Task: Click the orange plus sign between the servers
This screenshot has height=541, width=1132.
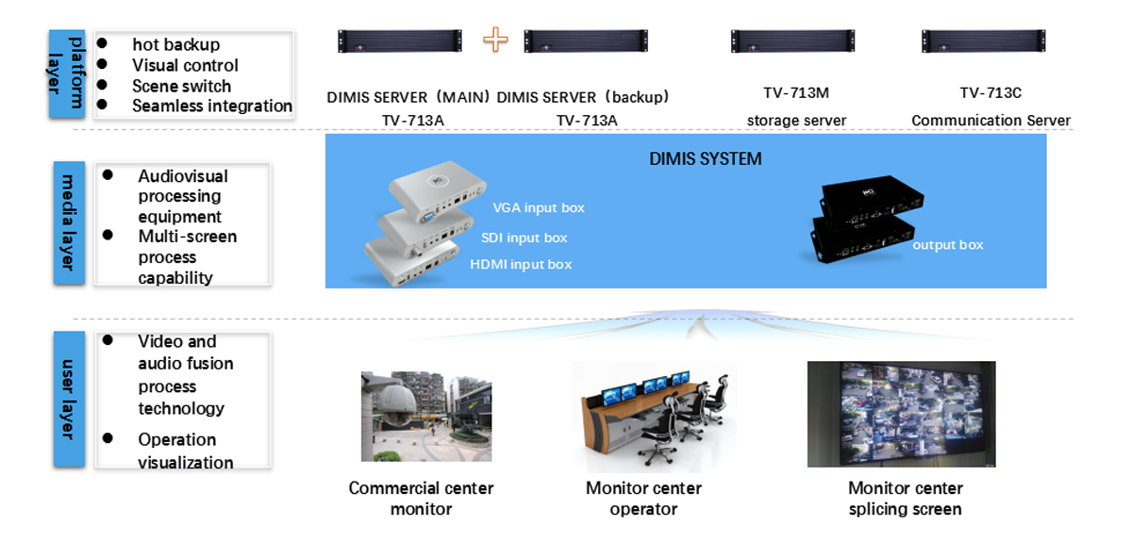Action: [x=495, y=41]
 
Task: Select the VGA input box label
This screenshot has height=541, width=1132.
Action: [x=539, y=208]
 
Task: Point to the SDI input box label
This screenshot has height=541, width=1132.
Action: [x=524, y=238]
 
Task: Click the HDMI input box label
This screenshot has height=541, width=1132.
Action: [x=521, y=265]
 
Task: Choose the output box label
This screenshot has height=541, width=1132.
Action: [x=947, y=245]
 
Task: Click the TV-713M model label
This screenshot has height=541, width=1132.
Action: [x=796, y=93]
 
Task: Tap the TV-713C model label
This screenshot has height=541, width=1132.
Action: [x=990, y=93]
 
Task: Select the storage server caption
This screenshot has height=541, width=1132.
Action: [x=796, y=121]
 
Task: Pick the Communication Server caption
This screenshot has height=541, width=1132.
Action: [x=990, y=121]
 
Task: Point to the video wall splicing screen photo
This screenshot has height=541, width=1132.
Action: [x=901, y=415]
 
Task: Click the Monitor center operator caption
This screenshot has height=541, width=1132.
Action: [x=643, y=499]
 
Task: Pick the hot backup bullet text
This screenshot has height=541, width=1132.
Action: [x=175, y=44]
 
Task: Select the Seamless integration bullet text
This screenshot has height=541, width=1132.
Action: [x=212, y=106]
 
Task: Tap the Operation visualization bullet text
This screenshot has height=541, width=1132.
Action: [x=186, y=451]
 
